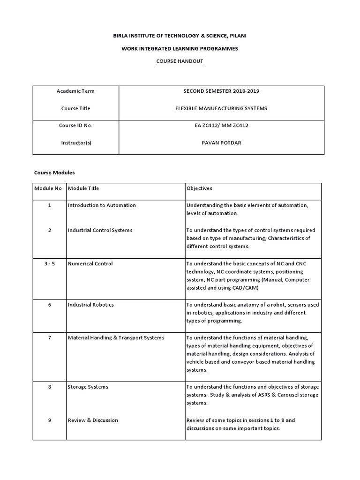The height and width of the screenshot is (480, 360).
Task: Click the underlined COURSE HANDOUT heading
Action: pyautogui.click(x=180, y=61)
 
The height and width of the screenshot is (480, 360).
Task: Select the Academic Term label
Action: pyautogui.click(x=75, y=91)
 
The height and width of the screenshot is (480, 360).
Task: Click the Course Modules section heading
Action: pyautogui.click(x=54, y=172)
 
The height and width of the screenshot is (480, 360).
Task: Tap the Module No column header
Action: pyautogui.click(x=48, y=188)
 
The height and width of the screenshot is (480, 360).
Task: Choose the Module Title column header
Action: pyautogui.click(x=83, y=188)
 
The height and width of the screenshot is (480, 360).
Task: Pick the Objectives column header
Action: pyautogui.click(x=199, y=188)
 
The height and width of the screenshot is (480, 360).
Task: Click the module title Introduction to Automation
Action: pyautogui.click(x=102, y=205)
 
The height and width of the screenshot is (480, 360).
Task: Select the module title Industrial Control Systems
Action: pyautogui.click(x=100, y=230)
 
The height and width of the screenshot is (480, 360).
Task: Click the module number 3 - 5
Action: pyautogui.click(x=49, y=263)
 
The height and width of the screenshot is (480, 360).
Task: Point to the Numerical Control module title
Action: pyautogui.click(x=90, y=263)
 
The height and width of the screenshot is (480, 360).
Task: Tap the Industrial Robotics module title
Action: pyautogui.click(x=90, y=305)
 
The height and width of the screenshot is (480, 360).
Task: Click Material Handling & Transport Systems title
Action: pyautogui.click(x=116, y=337)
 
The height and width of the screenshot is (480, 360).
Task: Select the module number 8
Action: pyautogui.click(x=49, y=387)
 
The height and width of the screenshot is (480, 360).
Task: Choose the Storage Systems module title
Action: pyautogui.click(x=88, y=387)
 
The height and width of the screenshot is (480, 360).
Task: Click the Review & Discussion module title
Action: pyautogui.click(x=93, y=420)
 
